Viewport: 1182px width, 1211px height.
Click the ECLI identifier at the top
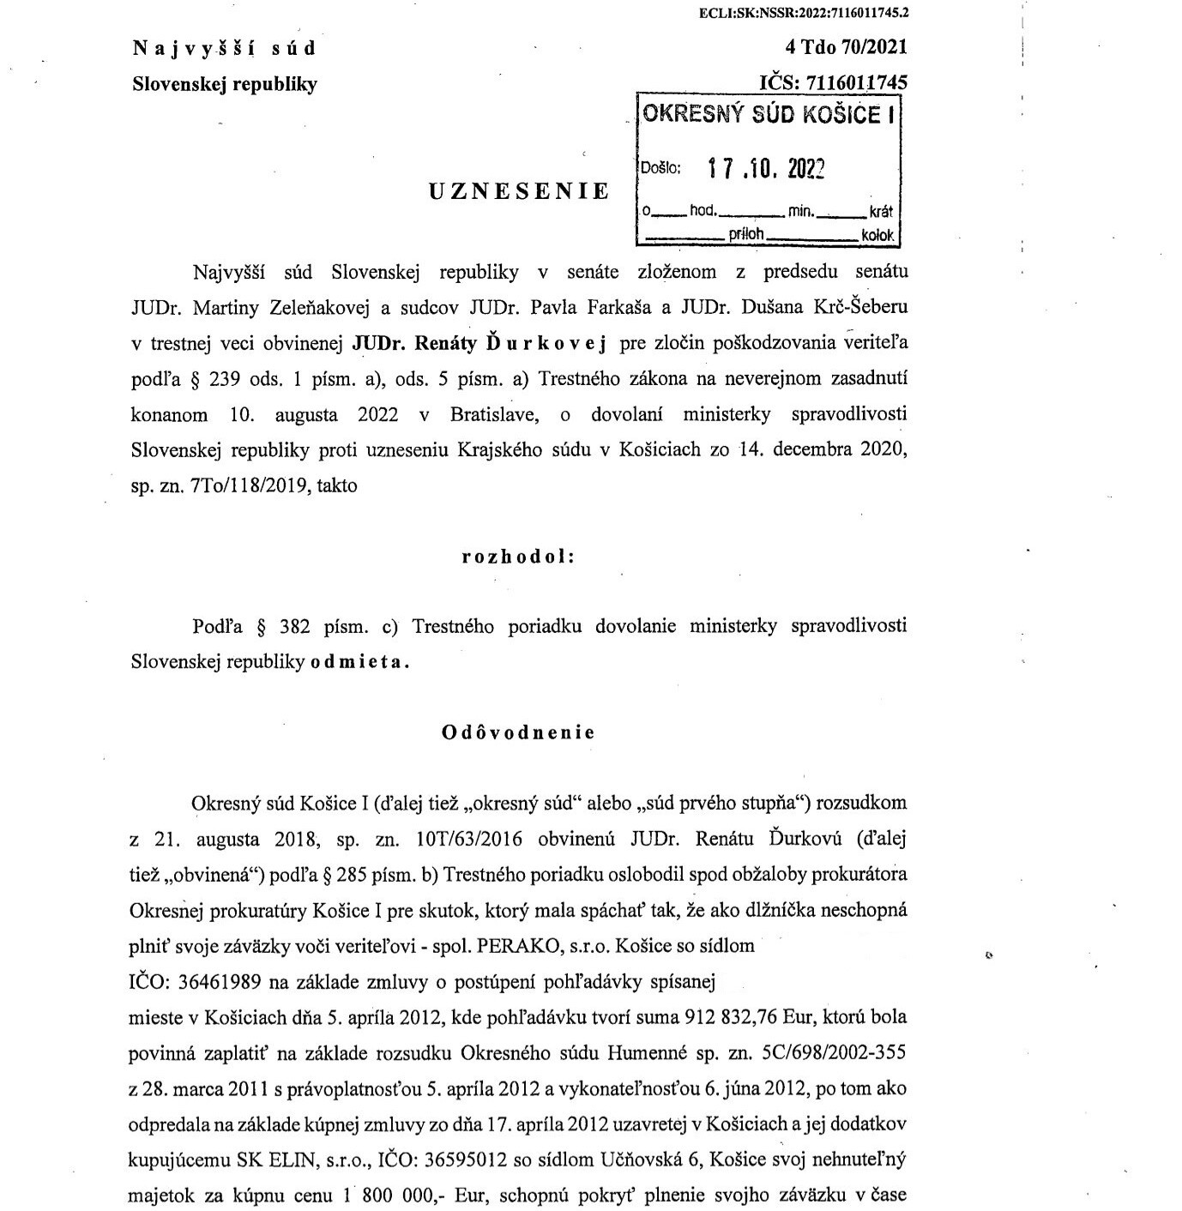pyautogui.click(x=804, y=13)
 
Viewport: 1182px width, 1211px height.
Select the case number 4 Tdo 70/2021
pyautogui.click(x=846, y=47)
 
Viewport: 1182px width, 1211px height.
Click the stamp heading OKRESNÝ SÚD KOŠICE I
pyautogui.click(x=768, y=115)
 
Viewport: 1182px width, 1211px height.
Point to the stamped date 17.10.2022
pyautogui.click(x=766, y=169)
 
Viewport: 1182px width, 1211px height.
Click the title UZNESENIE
pyautogui.click(x=519, y=191)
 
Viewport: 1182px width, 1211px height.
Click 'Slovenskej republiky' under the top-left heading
pyautogui.click(x=225, y=84)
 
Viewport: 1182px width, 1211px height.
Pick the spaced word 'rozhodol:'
pyautogui.click(x=518, y=557)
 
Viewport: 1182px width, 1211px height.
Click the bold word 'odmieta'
pyautogui.click(x=359, y=662)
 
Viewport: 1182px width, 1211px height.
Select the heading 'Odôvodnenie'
pyautogui.click(x=518, y=732)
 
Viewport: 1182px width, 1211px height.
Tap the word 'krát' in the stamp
pyautogui.click(x=881, y=212)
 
